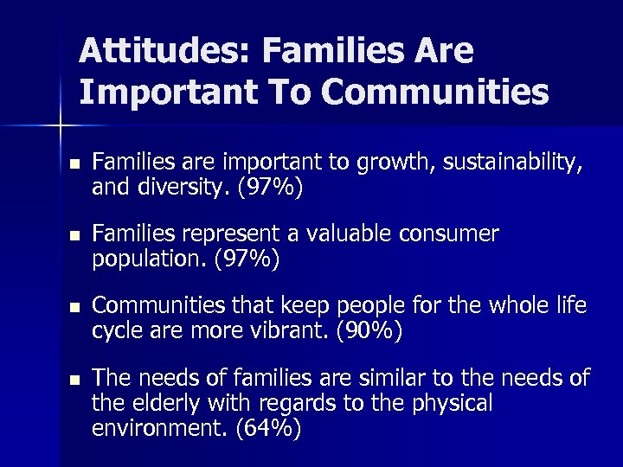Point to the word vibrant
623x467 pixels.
click(x=310, y=331)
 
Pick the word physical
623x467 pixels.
click(x=455, y=403)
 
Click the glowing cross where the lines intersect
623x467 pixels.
click(x=61, y=126)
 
